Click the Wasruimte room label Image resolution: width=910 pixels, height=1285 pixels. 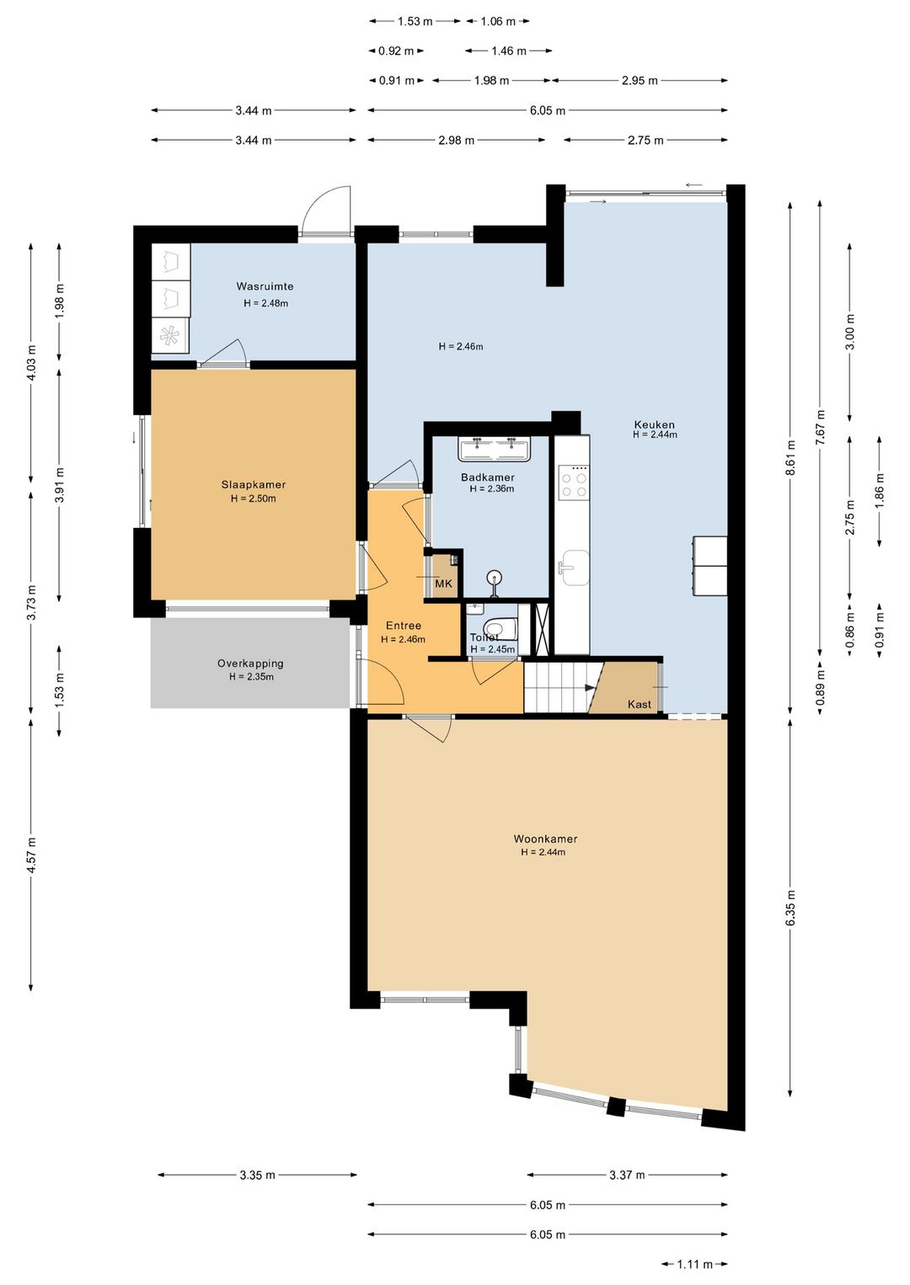(265, 286)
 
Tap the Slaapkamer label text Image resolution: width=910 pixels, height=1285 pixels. (253, 485)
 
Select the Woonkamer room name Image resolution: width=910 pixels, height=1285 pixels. (545, 839)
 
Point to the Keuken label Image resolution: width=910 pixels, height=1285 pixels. (654, 424)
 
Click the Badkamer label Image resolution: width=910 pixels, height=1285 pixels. (487, 477)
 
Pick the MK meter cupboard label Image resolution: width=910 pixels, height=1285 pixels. (444, 584)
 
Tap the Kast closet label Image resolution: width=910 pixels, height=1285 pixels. (639, 704)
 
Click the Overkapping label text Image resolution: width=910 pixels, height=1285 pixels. (250, 664)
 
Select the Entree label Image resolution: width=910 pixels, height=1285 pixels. (403, 626)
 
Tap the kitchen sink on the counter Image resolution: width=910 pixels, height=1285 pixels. (575, 568)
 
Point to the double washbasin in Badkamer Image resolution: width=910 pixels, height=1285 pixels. (495, 449)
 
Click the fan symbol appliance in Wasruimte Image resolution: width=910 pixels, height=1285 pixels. (170, 336)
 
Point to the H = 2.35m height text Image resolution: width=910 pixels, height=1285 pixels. (251, 677)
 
